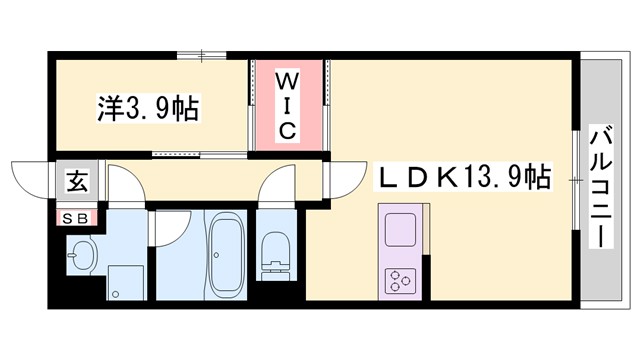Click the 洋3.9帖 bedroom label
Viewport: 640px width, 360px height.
point(147,106)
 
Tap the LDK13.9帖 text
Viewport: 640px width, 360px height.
point(462,177)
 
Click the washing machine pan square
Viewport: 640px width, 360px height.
point(122,282)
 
